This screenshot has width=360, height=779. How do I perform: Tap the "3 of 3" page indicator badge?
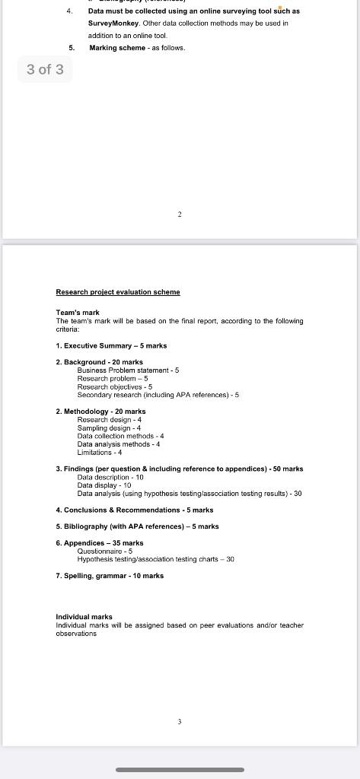click(45, 69)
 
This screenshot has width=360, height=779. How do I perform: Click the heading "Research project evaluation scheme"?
click(118, 292)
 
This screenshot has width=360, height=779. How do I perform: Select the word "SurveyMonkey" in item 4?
click(113, 23)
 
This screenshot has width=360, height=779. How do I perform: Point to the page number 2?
click(180, 215)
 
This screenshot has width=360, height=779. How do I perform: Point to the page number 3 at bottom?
click(180, 721)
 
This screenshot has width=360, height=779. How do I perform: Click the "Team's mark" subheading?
click(78, 313)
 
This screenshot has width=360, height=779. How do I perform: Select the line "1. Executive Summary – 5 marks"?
click(111, 345)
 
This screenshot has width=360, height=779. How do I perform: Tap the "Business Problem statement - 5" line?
click(128, 370)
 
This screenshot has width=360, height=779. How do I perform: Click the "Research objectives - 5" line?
click(114, 386)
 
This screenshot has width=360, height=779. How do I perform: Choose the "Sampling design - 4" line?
click(109, 428)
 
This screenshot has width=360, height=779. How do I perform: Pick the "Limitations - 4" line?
click(100, 453)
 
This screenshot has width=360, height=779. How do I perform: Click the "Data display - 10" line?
click(104, 485)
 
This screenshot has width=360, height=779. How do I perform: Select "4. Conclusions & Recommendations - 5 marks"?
click(135, 510)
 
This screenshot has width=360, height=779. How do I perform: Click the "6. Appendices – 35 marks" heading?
click(100, 543)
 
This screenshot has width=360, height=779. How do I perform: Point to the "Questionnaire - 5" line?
click(105, 551)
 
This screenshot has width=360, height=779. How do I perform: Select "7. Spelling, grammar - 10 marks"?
click(110, 576)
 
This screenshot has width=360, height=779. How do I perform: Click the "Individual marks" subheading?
click(84, 617)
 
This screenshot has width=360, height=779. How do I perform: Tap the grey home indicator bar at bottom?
click(180, 770)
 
